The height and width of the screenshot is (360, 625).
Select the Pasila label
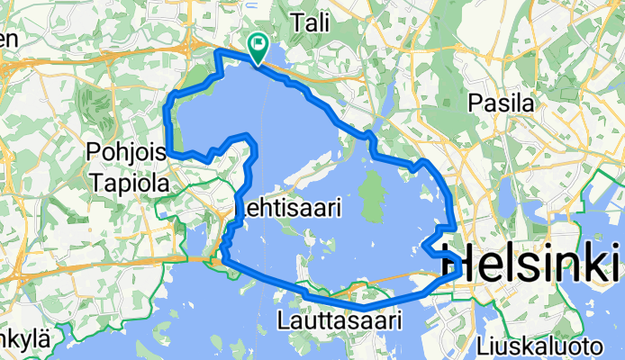pos(502,103)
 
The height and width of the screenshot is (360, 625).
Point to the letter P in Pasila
pos(476,103)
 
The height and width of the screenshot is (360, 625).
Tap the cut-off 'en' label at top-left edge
pos(8,39)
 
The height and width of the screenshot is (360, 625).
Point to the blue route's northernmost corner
pos(216,53)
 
